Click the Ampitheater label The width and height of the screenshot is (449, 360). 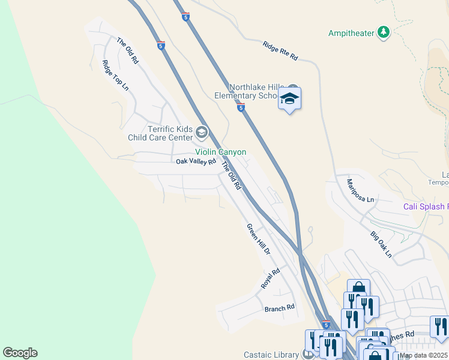[x=351, y=33]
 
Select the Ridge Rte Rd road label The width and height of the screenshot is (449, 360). [x=280, y=50]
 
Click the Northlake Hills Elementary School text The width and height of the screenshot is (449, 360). [x=252, y=91]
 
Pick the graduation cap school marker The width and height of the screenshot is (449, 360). [x=289, y=99]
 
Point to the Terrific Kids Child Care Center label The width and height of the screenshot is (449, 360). [x=170, y=133]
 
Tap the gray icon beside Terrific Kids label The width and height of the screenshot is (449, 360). [x=202, y=132]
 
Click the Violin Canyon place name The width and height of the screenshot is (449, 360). [x=220, y=152]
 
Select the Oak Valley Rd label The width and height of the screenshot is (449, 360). [x=196, y=161]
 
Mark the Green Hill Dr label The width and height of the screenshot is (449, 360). [x=259, y=239]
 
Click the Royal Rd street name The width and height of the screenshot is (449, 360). [x=271, y=279]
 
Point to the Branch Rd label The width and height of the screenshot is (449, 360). [x=280, y=308]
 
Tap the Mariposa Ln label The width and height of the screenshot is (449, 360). [x=361, y=190]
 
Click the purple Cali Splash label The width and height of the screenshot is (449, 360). [x=426, y=206]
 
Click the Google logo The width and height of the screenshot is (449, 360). [x=20, y=353]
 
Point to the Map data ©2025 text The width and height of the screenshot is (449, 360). [x=424, y=355]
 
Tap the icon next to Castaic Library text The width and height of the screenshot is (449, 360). [x=308, y=355]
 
